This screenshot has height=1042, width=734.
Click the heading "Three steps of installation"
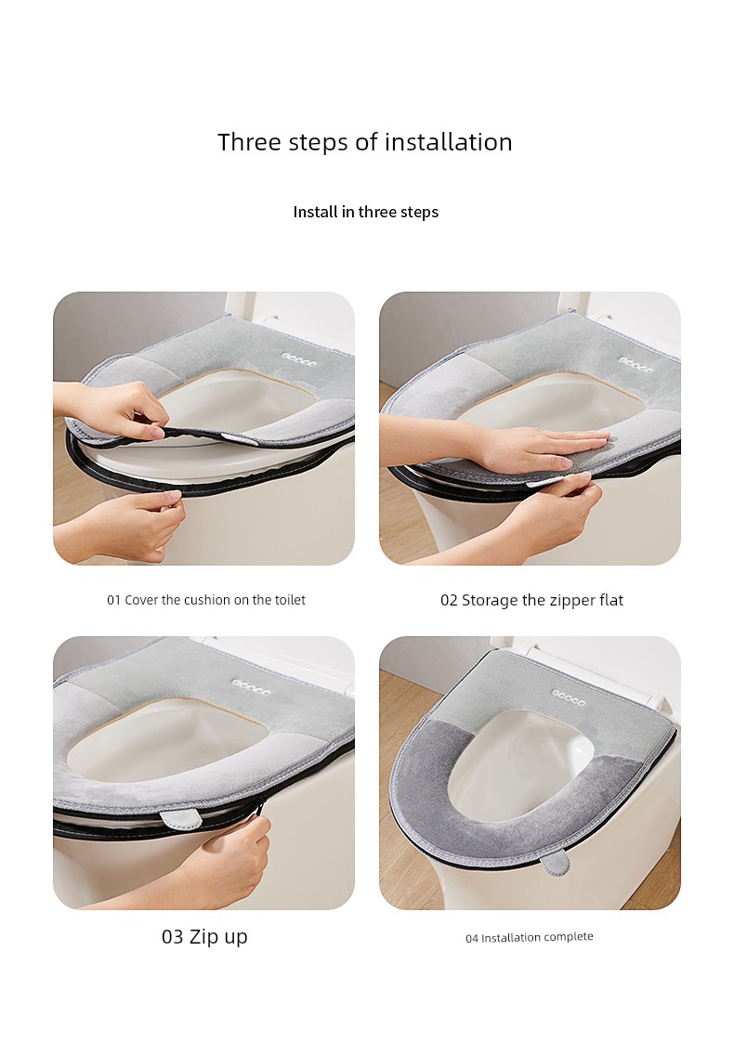click(x=365, y=142)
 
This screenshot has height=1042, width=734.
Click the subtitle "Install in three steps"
click(x=366, y=212)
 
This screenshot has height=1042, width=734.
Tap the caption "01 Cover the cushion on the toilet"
click(x=206, y=600)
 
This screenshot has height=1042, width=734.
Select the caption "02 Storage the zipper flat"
click(x=531, y=600)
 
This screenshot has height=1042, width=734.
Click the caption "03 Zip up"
click(x=204, y=936)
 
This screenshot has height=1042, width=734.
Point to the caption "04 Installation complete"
click(x=530, y=938)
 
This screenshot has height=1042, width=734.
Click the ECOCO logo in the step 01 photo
click(x=300, y=359)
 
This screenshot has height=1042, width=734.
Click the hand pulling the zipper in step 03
click(x=226, y=857)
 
